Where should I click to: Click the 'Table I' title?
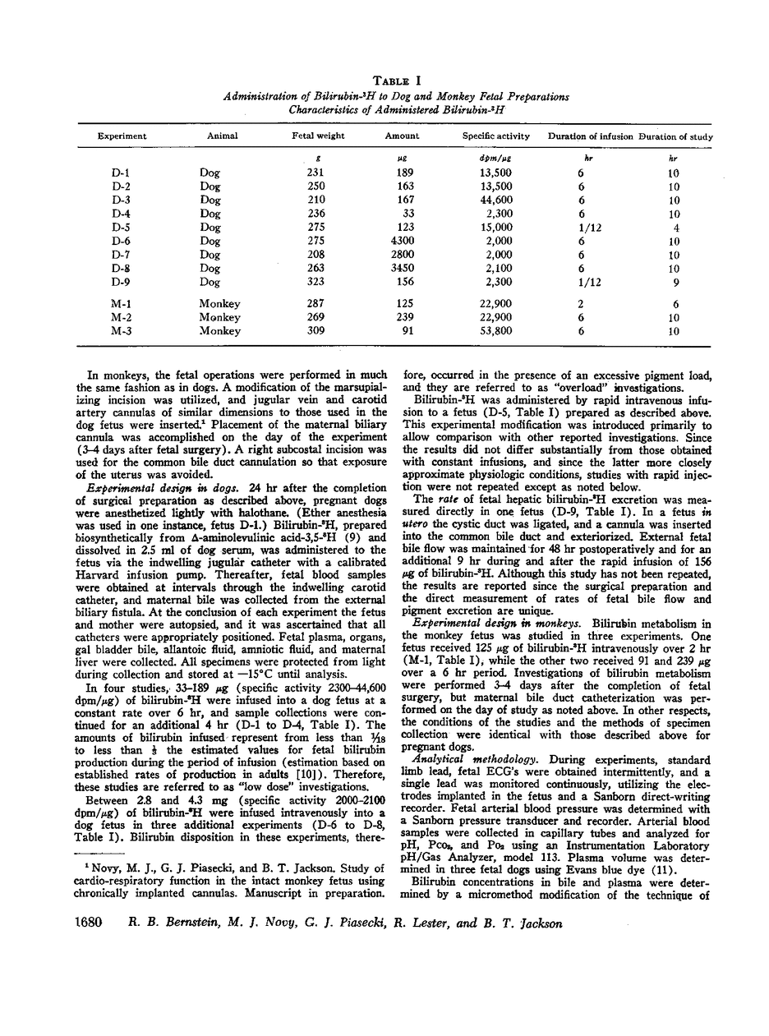coord(398,80)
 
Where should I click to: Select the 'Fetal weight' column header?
coord(318,136)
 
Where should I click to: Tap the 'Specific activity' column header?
coord(496,136)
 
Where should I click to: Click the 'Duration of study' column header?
coord(675,136)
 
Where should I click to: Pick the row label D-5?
coord(121,227)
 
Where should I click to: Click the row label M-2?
coord(121,317)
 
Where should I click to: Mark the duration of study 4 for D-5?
coord(675,227)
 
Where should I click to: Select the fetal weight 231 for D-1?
coord(315,173)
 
